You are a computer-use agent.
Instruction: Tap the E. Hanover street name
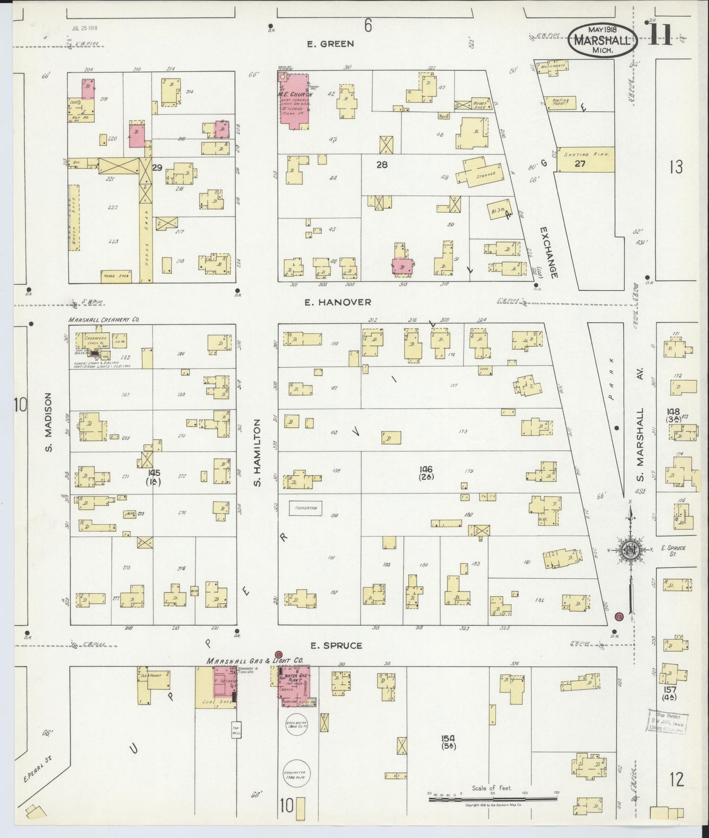338,302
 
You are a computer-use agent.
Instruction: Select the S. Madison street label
49,422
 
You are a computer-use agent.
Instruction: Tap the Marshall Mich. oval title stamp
603,37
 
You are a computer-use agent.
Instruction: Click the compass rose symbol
629,550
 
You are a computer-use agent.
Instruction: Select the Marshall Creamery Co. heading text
104,320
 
